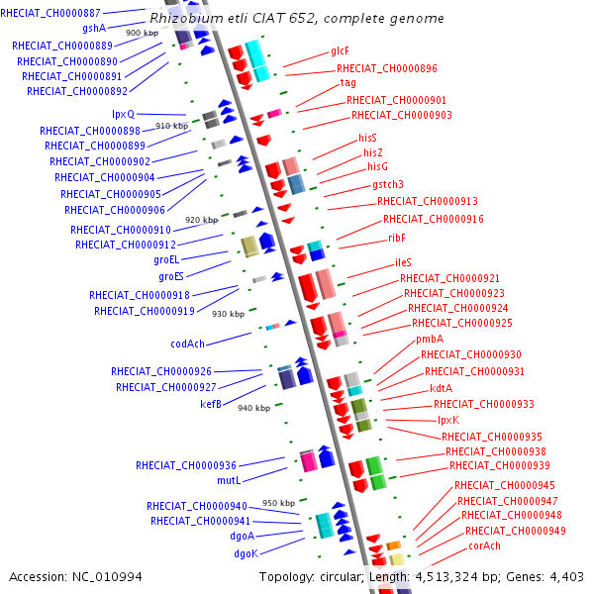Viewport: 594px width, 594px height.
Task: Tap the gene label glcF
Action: click(341, 50)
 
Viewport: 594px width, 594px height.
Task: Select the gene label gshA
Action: click(94, 29)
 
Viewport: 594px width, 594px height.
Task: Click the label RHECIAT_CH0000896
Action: click(387, 68)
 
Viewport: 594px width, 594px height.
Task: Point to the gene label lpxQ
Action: click(124, 115)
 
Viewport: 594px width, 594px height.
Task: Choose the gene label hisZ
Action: click(372, 152)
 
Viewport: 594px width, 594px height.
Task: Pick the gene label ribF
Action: click(398, 239)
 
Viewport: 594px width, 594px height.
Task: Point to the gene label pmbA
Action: click(430, 340)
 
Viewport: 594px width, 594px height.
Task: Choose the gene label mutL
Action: click(229, 481)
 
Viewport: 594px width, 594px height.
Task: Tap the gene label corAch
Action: click(485, 546)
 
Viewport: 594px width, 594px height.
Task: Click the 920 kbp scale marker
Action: click(201, 220)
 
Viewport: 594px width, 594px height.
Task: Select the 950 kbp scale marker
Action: click(278, 503)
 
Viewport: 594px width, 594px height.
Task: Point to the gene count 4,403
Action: click(565, 577)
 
